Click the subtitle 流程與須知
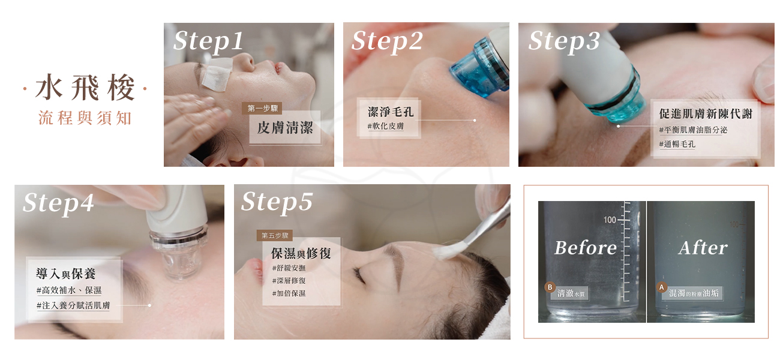pos(84,118)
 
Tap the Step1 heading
pos(208,41)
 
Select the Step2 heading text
pos(387,41)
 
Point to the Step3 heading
pos(564,41)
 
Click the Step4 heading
pos(58,203)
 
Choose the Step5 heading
pos(277,202)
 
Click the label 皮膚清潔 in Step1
pos(285,128)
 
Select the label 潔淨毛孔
pos(391,112)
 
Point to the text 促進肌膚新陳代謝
pos(705,114)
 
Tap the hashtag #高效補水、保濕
pos(69,290)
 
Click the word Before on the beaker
pos(585,248)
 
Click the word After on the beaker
pos(703,248)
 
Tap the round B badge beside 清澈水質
pos(548,287)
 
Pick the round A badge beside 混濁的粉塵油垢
pos(662,287)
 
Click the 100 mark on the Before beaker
pos(610,220)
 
